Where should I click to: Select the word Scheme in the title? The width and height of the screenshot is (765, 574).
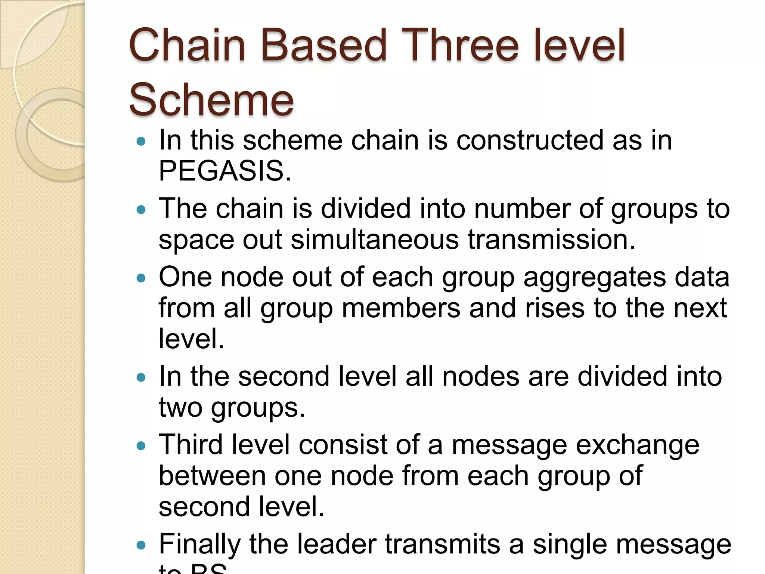[211, 100]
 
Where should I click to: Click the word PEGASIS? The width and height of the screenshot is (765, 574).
[225, 170]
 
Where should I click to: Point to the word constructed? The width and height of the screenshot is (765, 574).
[530, 140]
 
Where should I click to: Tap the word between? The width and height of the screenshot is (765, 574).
[212, 475]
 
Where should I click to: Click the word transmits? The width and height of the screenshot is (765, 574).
[442, 544]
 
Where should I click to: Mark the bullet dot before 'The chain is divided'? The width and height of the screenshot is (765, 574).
[141, 210]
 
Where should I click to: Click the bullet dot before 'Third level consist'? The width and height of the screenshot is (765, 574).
[141, 446]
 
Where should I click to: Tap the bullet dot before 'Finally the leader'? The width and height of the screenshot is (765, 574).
[141, 545]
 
